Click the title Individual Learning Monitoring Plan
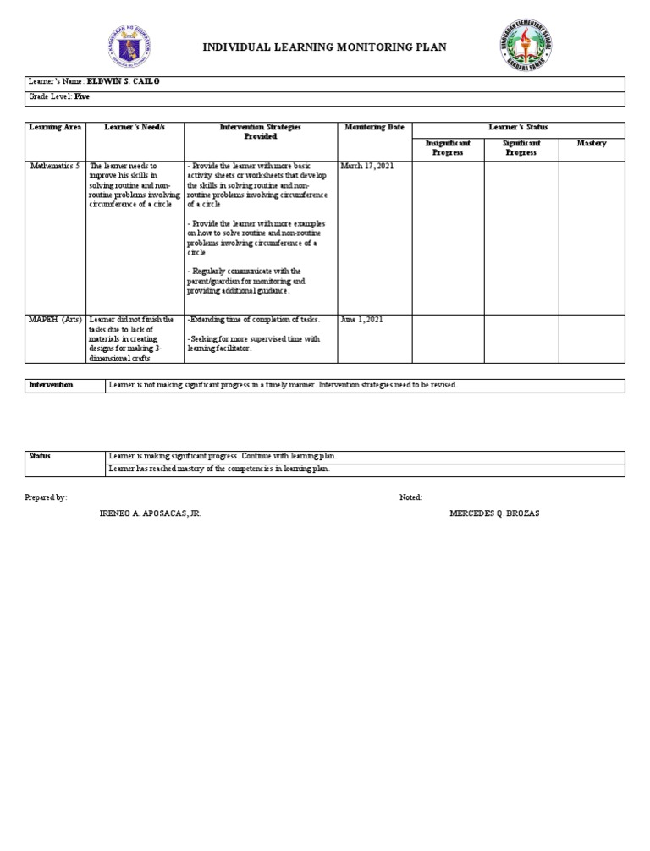(x=324, y=47)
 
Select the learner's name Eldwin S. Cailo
(x=129, y=82)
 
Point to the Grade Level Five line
(x=58, y=97)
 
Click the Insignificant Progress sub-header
(x=448, y=148)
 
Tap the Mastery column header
(x=592, y=144)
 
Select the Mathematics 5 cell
(x=56, y=167)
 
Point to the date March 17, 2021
(x=367, y=167)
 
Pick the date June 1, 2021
(x=362, y=320)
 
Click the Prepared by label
(x=47, y=497)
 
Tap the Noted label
(x=410, y=497)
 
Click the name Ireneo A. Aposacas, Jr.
(x=151, y=513)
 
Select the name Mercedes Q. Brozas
(x=494, y=513)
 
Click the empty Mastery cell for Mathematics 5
(x=592, y=237)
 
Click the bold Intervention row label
(x=52, y=385)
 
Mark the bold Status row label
(x=41, y=456)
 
